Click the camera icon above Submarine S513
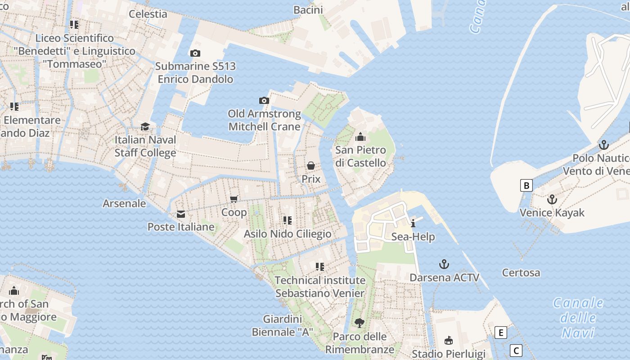coord(195,53)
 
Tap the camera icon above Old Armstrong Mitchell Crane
coord(264,100)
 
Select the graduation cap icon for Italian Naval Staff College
coord(145,127)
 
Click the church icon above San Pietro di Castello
coord(360,137)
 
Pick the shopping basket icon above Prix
coord(311,166)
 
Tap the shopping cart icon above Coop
coord(234,199)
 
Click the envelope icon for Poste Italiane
coord(181,214)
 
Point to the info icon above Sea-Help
coord(413,224)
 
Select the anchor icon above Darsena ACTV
coord(444,264)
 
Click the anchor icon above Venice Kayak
coord(552,199)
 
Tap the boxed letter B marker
coord(526,185)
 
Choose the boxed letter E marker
coord(500,333)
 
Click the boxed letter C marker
coord(516,351)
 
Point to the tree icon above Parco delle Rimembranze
coord(359,323)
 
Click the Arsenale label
coord(124,203)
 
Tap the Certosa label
coord(521,273)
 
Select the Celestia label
coord(148,14)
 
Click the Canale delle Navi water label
coord(578,318)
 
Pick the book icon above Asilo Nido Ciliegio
coord(288,220)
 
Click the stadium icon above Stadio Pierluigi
coord(448,341)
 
